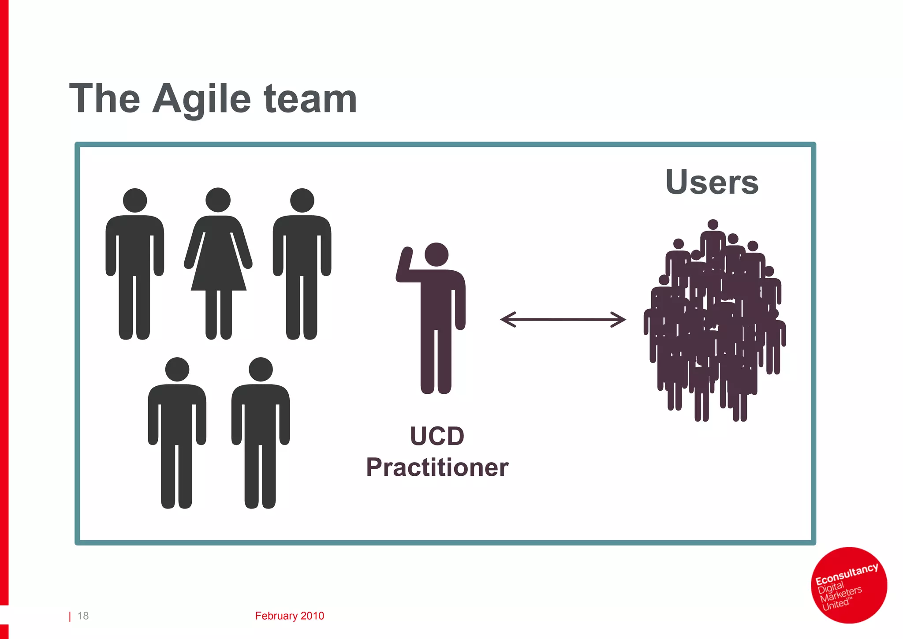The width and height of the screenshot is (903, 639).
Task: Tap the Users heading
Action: [712, 182]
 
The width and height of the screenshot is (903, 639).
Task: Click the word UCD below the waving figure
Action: [437, 436]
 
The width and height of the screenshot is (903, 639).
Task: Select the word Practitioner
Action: [437, 467]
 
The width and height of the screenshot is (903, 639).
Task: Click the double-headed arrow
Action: [563, 319]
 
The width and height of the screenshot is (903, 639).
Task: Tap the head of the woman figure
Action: [218, 200]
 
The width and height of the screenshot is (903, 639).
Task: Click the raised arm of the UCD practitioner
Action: [404, 265]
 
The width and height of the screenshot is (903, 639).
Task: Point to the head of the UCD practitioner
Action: [437, 254]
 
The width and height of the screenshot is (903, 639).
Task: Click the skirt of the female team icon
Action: [218, 269]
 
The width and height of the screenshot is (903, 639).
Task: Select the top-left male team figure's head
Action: [135, 201]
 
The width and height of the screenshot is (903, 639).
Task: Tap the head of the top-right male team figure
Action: [302, 201]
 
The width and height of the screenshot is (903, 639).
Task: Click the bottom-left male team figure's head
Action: [177, 370]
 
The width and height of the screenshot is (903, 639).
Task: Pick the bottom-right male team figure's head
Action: [261, 370]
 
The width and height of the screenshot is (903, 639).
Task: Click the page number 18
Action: [83, 616]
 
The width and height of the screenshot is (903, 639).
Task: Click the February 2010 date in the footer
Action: [289, 616]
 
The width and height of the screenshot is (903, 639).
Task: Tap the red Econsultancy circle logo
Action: [849, 585]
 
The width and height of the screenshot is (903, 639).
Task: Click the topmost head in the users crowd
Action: [713, 225]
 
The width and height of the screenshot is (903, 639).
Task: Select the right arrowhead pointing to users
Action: [619, 319]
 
